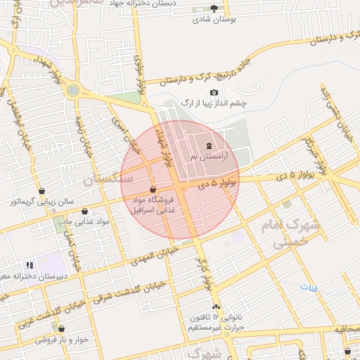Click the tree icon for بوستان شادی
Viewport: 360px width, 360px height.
coord(214,8)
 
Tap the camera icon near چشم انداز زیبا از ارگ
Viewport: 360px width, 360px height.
coord(214,93)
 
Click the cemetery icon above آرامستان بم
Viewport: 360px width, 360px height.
coord(209,146)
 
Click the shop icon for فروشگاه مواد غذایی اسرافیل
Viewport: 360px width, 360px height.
coord(153,188)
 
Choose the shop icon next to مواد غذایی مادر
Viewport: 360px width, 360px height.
coord(85,211)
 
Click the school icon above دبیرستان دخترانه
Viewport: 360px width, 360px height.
coord(30,265)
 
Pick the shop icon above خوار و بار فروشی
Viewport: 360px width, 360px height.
coord(62,328)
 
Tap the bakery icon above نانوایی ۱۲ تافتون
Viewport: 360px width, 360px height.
coord(216,307)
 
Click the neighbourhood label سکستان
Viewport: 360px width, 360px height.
coord(108,179)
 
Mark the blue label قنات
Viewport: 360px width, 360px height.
coord(308,288)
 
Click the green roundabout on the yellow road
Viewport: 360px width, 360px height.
coord(73,90)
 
